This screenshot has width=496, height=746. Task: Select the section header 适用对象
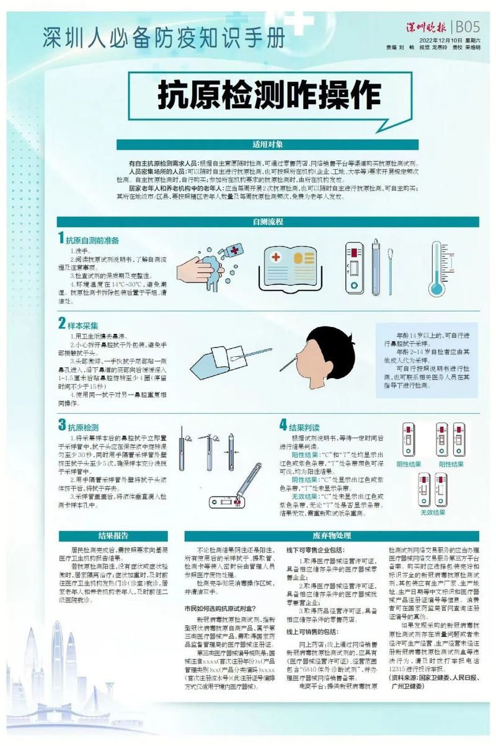click(267, 144)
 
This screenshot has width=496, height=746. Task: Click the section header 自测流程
click(267, 221)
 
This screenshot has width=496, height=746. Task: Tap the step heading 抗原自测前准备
click(92, 240)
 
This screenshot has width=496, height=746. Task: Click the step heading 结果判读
click(304, 426)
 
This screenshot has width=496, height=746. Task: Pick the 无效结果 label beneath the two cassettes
click(433, 512)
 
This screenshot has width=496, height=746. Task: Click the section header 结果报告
click(113, 535)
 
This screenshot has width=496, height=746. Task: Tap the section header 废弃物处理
click(332, 535)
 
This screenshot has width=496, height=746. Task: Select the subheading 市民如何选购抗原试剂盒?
click(224, 610)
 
